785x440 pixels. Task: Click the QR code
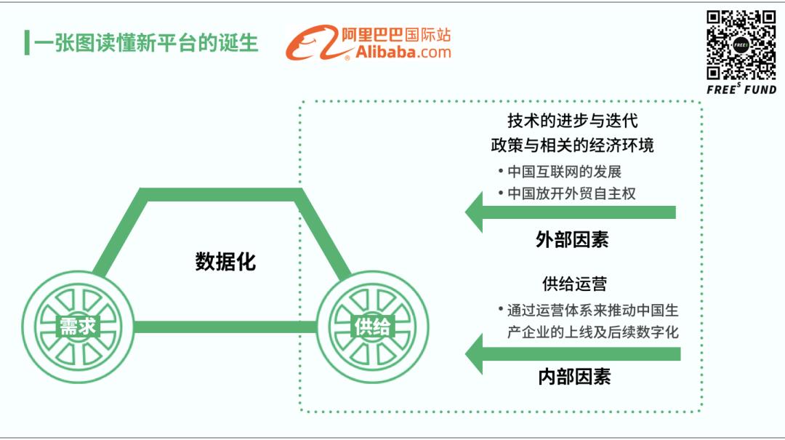[x=741, y=45]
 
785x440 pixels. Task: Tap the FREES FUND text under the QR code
[x=741, y=89]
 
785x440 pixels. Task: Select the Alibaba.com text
[x=403, y=52]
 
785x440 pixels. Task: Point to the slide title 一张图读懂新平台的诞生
[x=145, y=43]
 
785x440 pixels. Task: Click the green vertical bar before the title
[x=27, y=43]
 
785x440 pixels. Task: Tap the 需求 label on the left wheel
[x=78, y=327]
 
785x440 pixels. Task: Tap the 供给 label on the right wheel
[x=372, y=327]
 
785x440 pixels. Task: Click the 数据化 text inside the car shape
[x=225, y=262]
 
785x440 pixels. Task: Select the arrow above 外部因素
[x=571, y=212]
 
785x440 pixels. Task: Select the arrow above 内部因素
[x=573, y=353]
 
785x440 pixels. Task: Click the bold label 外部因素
[x=572, y=239]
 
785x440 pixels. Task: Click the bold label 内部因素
[x=574, y=377]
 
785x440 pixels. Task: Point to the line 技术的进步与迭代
[x=573, y=121]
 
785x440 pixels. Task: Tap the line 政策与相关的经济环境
[x=572, y=145]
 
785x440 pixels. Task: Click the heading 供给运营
[x=574, y=284]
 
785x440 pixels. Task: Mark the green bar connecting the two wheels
[x=225, y=327]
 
